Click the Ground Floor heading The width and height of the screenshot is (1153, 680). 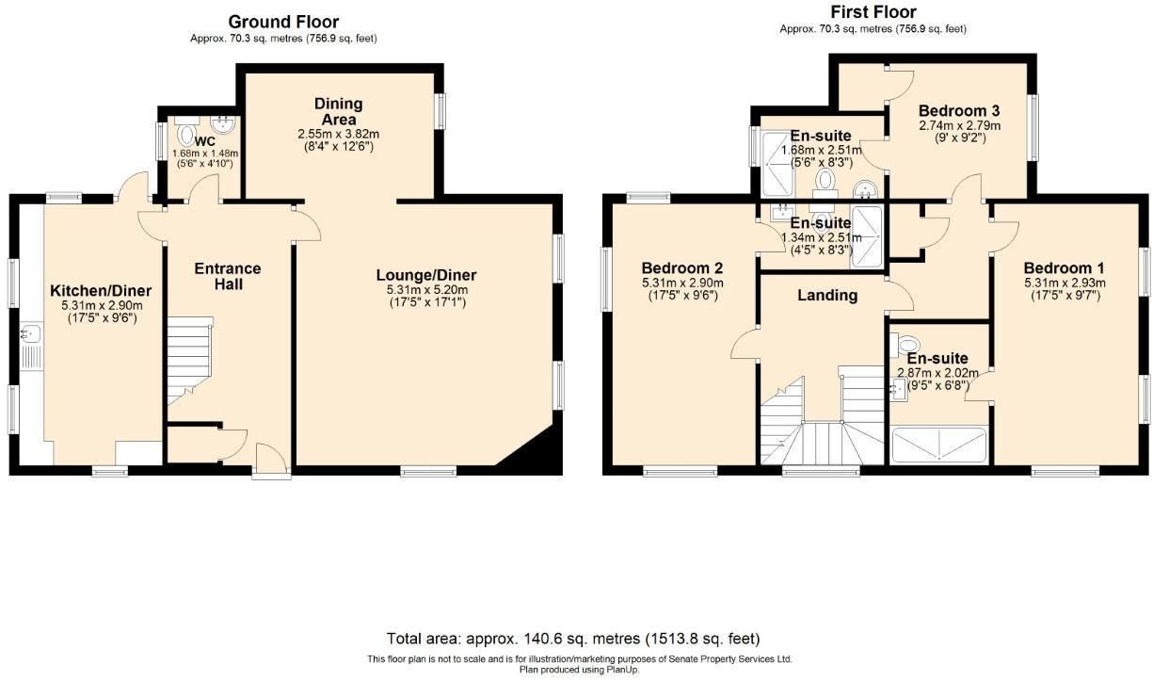pos(283,22)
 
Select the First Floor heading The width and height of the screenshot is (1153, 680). pos(873,11)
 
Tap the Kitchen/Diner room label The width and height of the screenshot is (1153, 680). pos(101,290)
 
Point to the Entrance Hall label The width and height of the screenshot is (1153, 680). pos(228,276)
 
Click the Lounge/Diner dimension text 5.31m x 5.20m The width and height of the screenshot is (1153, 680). pos(427,289)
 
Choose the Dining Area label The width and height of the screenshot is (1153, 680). pos(339,111)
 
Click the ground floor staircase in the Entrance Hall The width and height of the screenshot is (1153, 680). pos(189,360)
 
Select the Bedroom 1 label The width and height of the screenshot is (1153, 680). pos(1064,267)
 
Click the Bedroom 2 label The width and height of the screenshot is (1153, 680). pos(682,267)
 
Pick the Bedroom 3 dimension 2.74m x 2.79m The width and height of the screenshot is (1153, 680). pos(960,125)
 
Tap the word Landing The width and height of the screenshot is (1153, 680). pos(827,295)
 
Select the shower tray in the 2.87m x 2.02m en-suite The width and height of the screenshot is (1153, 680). pos(939,444)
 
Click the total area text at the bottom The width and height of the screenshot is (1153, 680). pos(573,639)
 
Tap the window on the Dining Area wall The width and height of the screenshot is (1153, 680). pos(440,111)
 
